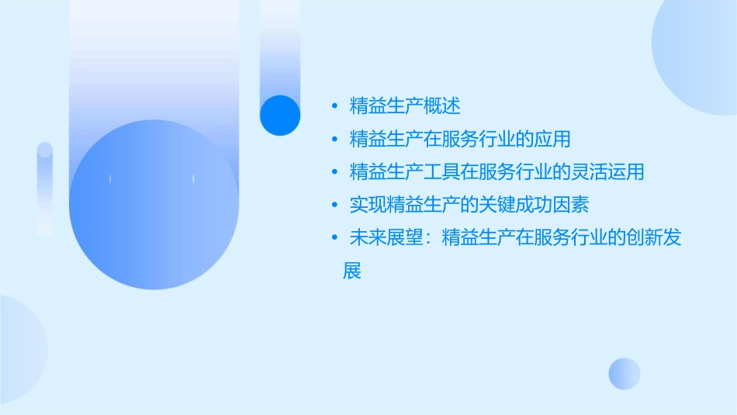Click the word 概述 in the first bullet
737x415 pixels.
442,106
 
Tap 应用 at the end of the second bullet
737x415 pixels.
553,140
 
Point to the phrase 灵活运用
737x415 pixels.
608,172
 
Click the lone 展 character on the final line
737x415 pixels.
352,271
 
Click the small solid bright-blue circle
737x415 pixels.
280,115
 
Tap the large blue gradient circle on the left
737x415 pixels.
154,206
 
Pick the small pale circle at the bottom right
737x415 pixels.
625,373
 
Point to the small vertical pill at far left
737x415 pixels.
45,188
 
